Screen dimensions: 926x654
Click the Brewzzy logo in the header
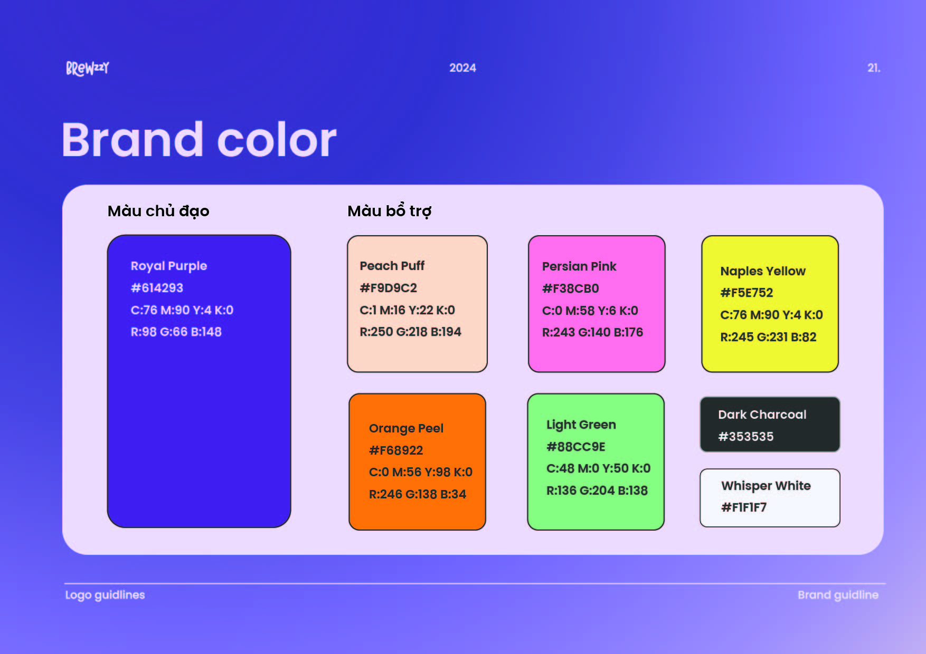(x=88, y=68)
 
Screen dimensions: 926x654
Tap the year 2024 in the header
(x=462, y=68)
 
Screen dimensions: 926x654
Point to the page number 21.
(x=874, y=68)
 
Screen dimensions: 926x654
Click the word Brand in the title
(x=133, y=139)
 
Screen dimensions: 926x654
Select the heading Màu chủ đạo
(x=158, y=211)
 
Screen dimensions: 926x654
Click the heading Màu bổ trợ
(x=390, y=210)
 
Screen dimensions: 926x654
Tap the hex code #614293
(x=157, y=288)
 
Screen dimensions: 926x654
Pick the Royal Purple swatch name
(x=169, y=266)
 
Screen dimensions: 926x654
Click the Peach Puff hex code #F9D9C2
(x=388, y=288)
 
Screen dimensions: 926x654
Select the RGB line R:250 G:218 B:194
(x=410, y=332)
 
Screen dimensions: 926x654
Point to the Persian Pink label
(x=579, y=266)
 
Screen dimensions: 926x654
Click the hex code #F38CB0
(x=570, y=288)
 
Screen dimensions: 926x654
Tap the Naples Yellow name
(x=763, y=271)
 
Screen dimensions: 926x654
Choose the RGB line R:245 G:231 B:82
(x=768, y=337)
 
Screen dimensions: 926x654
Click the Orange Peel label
(x=406, y=428)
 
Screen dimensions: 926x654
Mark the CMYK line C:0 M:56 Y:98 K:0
(x=420, y=472)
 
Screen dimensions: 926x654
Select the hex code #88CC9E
(x=575, y=447)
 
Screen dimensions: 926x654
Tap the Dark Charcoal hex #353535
(x=745, y=437)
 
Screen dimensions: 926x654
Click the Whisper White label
(x=766, y=486)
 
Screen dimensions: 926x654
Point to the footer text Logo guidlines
(x=105, y=595)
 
